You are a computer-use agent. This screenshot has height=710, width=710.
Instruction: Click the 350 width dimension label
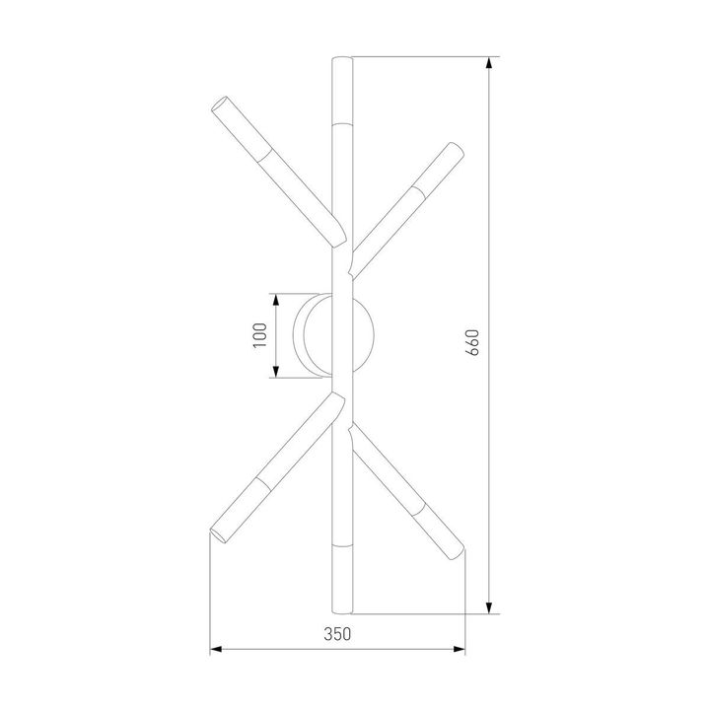(338, 635)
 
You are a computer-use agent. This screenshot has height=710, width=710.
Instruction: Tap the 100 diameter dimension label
(259, 336)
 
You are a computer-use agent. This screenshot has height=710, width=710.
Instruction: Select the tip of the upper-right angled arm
(457, 149)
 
